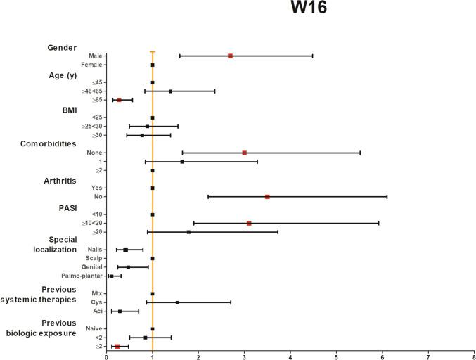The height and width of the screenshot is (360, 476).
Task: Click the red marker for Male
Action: coord(230,56)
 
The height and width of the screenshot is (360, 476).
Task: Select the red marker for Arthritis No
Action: coord(267,196)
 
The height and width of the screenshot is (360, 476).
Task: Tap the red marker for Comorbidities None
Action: coord(245,153)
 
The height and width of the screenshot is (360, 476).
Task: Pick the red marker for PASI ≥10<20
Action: coord(249,223)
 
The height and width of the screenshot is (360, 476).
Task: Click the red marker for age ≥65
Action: coord(119,100)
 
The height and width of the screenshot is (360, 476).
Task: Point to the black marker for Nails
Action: coord(126,249)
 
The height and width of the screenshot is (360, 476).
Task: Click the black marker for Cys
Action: coord(177,302)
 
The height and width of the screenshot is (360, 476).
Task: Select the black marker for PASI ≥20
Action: coord(188,231)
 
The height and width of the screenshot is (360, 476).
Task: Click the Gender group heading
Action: coord(62,47)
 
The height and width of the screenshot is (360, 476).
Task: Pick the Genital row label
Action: coord(90,267)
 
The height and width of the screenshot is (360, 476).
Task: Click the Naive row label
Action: coord(92,328)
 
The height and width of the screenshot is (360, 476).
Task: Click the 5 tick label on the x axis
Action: coord(336,356)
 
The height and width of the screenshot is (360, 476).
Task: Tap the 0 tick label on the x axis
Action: coord(106,356)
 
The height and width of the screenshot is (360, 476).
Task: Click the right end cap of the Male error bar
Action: coord(312,56)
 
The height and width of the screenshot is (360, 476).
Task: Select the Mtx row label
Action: coord(96,293)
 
